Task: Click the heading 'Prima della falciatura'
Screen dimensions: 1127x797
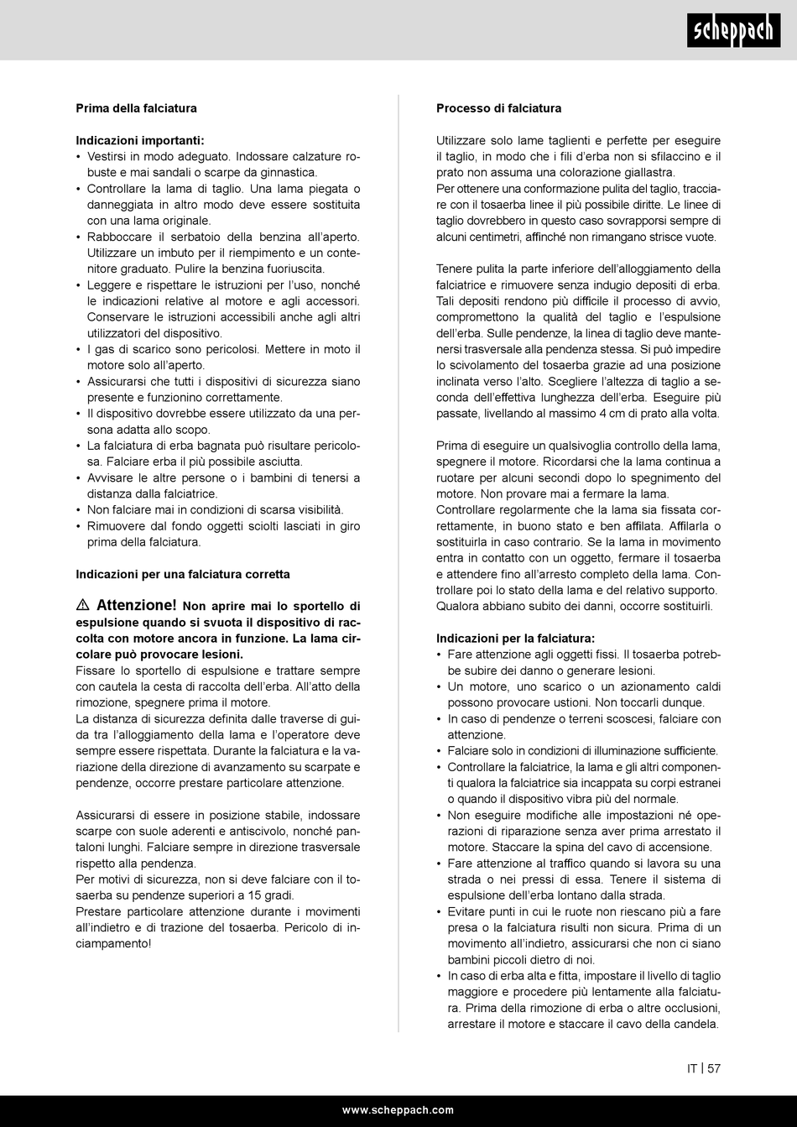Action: coord(136,108)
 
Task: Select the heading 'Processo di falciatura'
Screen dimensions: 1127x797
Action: coord(498,108)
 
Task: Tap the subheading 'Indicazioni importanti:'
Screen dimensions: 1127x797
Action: coord(140,141)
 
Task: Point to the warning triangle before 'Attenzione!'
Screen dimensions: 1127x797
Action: coord(82,605)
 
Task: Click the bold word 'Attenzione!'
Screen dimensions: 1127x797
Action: coord(137,605)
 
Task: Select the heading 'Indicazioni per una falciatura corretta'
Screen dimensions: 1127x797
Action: coord(183,575)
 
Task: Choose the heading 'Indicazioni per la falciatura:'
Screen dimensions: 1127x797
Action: coord(515,639)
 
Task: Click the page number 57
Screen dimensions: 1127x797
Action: coord(714,1068)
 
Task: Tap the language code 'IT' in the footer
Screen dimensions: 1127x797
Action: coord(692,1068)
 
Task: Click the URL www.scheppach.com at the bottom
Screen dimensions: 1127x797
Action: coord(398,1109)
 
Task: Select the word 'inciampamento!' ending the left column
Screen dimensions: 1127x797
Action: coord(114,943)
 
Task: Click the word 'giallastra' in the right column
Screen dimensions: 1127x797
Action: coord(647,173)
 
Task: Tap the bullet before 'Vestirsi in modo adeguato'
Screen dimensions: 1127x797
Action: coord(79,157)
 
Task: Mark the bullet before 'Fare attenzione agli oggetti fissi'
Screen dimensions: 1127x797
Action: coord(439,655)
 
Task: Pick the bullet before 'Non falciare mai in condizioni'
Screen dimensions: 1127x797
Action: coord(79,510)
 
